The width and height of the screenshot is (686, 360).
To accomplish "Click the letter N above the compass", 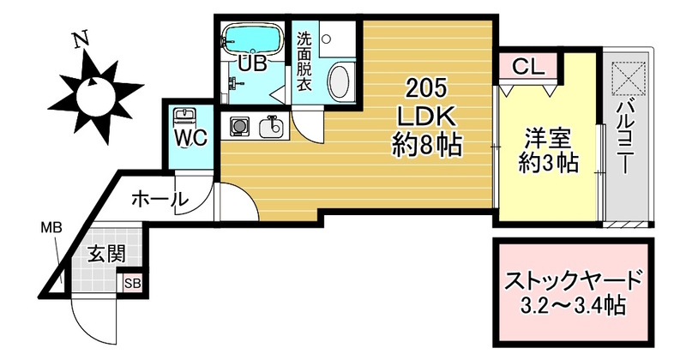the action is [81, 39].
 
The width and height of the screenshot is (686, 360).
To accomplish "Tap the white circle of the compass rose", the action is [95, 97].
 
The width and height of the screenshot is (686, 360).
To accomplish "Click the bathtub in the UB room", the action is [251, 39].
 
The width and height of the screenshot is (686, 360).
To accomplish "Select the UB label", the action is [252, 64].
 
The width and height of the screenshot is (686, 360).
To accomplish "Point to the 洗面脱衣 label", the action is [304, 62].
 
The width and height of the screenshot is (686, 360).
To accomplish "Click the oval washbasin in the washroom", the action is [340, 81].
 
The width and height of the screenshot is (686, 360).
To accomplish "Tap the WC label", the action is [190, 139].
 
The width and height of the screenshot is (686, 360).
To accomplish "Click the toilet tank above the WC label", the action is [185, 116].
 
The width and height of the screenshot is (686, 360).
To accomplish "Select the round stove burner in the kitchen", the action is [239, 127].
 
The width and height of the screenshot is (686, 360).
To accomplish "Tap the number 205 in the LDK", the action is [425, 89].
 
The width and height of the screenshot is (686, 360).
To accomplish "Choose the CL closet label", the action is [528, 67].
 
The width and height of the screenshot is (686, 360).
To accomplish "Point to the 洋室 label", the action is [548, 139].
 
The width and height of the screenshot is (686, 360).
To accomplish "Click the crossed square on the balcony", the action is [629, 79].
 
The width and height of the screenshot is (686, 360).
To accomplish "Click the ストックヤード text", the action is [574, 281].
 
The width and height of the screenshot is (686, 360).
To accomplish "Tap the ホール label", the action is [159, 200].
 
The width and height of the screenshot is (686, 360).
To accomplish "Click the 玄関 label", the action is [106, 253].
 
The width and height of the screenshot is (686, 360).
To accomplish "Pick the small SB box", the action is [133, 284].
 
